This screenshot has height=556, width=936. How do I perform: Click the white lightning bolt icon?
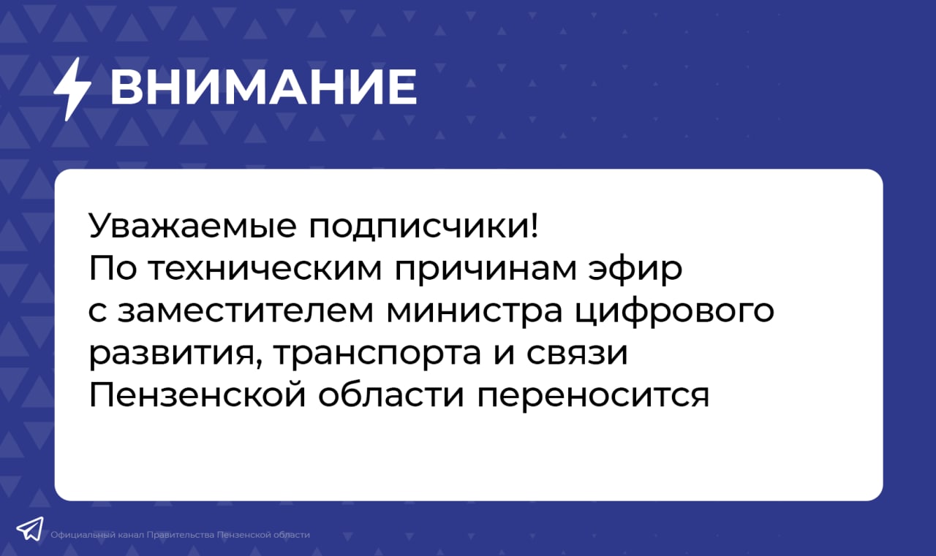[x=72, y=89]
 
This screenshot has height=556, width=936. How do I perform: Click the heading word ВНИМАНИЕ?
[x=263, y=87]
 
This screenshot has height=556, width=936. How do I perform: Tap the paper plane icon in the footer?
[x=30, y=528]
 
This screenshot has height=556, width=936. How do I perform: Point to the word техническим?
[x=265, y=268]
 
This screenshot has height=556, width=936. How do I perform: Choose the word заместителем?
[x=246, y=311]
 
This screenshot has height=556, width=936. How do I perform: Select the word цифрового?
[x=674, y=312]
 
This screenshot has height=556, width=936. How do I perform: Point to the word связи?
[x=577, y=354]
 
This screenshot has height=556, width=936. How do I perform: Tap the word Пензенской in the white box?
[x=197, y=395]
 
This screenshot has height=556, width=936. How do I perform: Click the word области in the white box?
[x=391, y=394]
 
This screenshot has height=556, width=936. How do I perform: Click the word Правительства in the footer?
[x=181, y=535]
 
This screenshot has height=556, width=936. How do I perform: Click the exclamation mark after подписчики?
[x=535, y=226]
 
